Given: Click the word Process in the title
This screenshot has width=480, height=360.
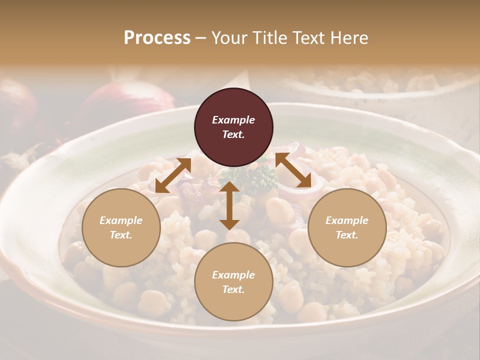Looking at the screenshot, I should tap(157, 38).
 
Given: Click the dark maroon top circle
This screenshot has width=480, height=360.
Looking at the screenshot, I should tap(233, 127).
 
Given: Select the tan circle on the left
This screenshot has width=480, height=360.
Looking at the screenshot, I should tap(121, 227).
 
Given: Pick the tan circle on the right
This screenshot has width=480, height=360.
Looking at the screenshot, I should tap(347, 227).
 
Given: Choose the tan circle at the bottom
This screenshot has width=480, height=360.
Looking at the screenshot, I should tap(233, 282).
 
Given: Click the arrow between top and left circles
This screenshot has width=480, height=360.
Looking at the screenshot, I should tap(173, 175).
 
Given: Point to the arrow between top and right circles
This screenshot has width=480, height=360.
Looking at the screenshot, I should tap(293, 170).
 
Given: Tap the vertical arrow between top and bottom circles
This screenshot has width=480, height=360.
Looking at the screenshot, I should tap(229, 205).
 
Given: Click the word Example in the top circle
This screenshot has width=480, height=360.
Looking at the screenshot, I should tap(233, 120).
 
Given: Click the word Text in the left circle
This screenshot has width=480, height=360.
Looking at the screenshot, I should tap(121, 235).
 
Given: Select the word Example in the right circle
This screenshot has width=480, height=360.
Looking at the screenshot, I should tap(347, 220).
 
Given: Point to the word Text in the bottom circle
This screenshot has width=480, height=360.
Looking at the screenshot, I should tap(233, 289).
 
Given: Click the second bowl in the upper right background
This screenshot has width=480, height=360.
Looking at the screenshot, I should tap(380, 82).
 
